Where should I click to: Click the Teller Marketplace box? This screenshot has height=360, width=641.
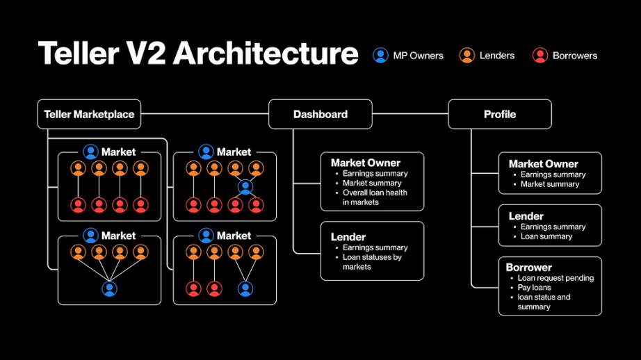[x=89, y=114]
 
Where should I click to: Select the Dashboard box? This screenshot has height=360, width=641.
[x=320, y=114]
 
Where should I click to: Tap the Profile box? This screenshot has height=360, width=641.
[x=500, y=114]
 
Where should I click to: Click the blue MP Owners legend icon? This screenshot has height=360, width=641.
[x=380, y=55]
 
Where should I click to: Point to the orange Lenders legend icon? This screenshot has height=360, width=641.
[x=467, y=55]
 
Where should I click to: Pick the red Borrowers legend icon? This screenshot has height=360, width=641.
[x=540, y=55]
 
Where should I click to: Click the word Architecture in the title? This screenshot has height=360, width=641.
[x=266, y=53]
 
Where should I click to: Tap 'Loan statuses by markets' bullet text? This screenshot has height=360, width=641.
[x=372, y=262]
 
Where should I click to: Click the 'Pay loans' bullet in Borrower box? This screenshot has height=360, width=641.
[x=534, y=287]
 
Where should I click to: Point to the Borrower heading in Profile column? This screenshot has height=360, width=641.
[x=528, y=268]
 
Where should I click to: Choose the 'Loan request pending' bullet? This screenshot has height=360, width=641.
[x=555, y=278]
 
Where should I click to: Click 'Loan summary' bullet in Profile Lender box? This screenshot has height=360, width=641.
[x=546, y=236]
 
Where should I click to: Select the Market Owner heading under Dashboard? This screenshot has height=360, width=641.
[x=366, y=163]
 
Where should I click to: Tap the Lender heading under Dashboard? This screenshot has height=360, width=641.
[x=348, y=236]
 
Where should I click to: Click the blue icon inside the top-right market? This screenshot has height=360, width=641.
[x=245, y=187]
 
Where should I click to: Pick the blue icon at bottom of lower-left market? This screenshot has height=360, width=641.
[x=109, y=288]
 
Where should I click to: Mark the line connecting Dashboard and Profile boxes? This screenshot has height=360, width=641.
[x=410, y=114]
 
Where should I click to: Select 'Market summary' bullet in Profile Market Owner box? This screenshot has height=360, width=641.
[x=550, y=184]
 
